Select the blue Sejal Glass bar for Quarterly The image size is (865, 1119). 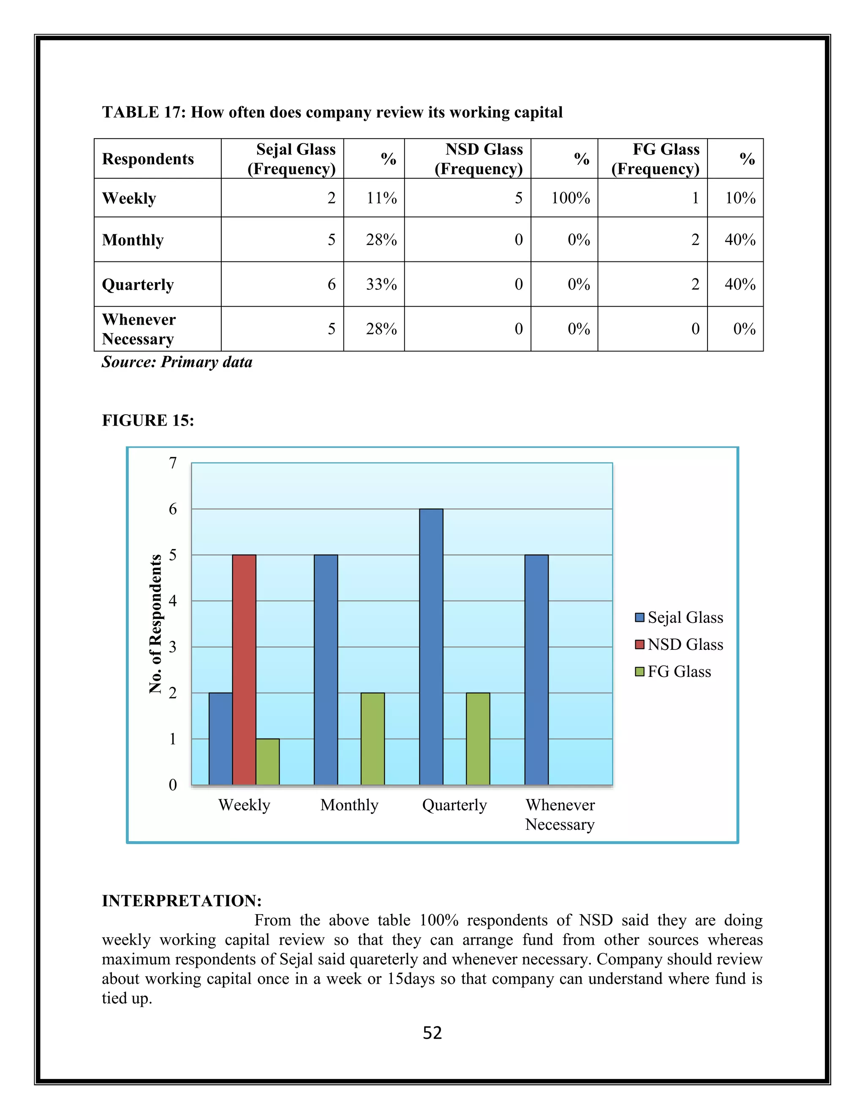tap(431, 646)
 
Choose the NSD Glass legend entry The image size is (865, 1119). tap(679, 644)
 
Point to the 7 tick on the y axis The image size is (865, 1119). tap(173, 463)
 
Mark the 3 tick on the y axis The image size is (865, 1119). tap(173, 647)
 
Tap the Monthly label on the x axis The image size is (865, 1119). tap(349, 805)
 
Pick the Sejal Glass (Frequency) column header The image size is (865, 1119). tap(291, 159)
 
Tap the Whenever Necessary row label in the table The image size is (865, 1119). tap(139, 329)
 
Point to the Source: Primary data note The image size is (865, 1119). tap(177, 362)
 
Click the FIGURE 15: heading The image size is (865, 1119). tap(147, 420)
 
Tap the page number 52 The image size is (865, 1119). tap(432, 1032)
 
